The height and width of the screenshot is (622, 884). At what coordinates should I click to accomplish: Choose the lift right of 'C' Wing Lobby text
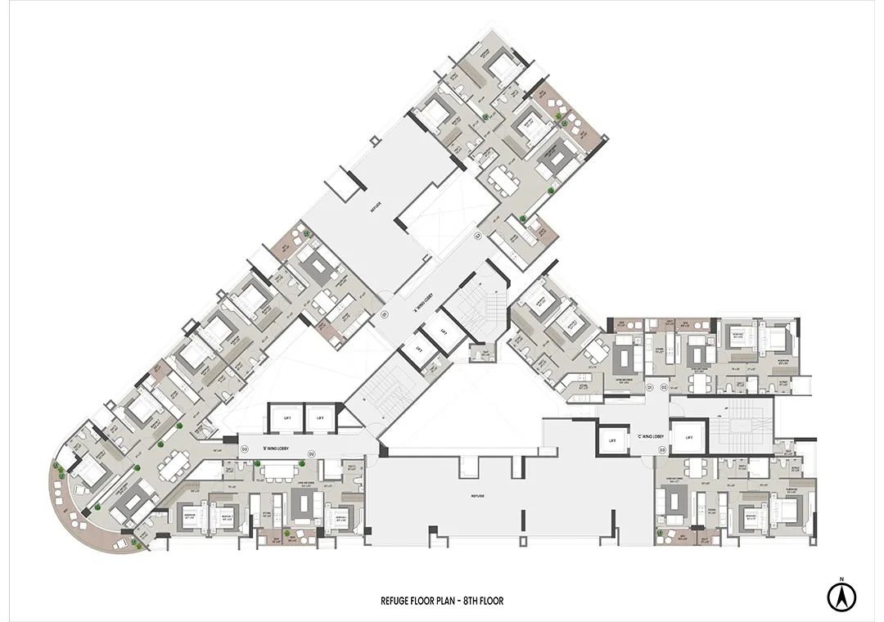click(x=687, y=438)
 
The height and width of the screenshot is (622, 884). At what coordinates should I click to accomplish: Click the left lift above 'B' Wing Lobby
click(x=286, y=417)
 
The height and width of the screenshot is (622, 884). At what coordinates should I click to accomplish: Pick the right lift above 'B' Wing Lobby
click(x=321, y=417)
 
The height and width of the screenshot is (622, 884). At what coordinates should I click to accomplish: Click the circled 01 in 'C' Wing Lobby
click(x=649, y=386)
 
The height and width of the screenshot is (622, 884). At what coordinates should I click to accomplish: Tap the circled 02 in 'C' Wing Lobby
click(x=664, y=386)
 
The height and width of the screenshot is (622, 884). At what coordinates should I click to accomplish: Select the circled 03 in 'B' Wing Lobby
click(x=244, y=450)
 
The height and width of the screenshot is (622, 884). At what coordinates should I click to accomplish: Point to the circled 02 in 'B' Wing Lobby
click(x=311, y=453)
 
